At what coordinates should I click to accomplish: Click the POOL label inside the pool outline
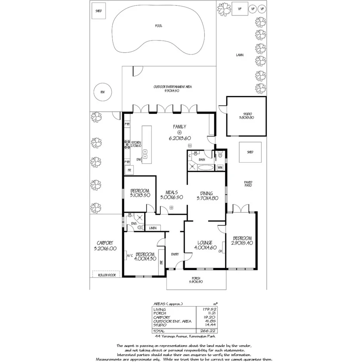158,26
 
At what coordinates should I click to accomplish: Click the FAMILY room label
179,127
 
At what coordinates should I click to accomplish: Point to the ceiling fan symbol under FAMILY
179,133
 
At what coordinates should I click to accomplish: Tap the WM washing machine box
220,167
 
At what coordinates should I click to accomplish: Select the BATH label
202,160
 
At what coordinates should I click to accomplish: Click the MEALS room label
171,192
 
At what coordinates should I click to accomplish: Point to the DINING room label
206,193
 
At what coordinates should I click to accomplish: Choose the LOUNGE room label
202,243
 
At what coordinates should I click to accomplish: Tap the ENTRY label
175,254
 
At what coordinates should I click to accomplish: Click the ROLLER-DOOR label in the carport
106,275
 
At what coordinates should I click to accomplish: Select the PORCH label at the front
195,278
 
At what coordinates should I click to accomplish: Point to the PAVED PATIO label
248,184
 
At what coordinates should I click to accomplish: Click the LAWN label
240,55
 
